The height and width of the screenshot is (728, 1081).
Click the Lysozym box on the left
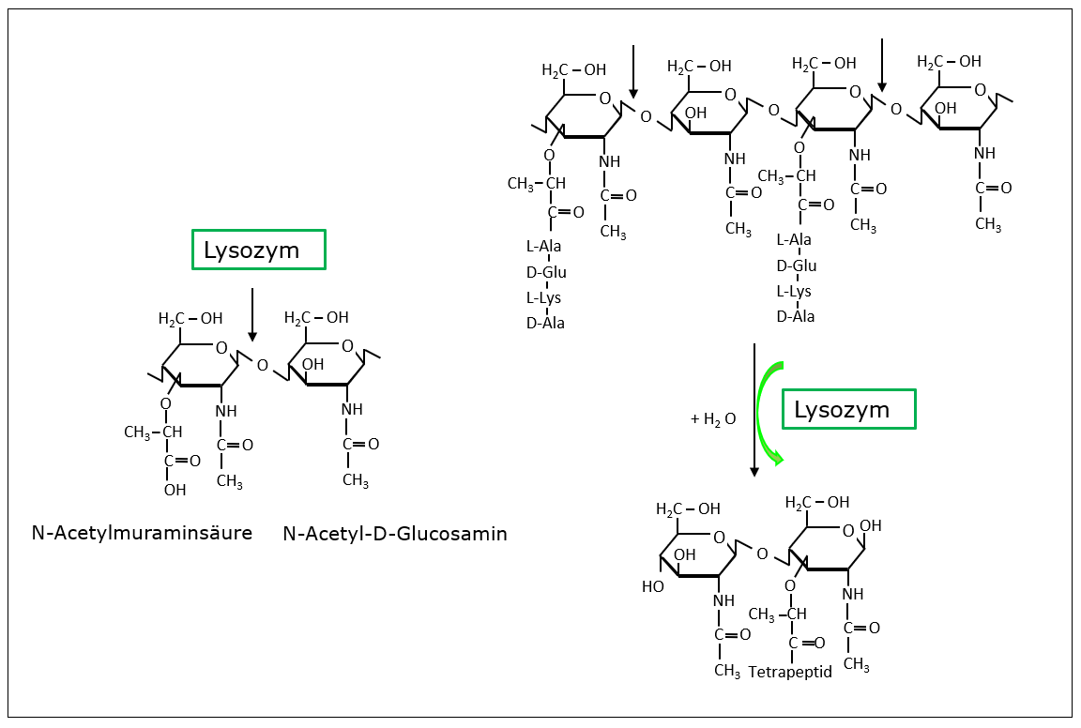pos(258,250)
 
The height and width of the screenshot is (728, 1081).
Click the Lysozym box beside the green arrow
pos(848,409)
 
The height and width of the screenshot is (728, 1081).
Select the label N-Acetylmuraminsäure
pos(142,533)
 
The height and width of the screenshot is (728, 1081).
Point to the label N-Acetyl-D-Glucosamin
pos(394,534)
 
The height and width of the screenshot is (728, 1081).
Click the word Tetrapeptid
pos(790,672)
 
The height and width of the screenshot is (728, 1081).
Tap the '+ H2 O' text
pos(713,419)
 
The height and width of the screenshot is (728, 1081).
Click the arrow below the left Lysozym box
pos(252,314)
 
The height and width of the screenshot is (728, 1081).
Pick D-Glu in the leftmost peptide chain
pos(545,273)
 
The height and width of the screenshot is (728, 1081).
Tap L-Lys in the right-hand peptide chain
pos(794,291)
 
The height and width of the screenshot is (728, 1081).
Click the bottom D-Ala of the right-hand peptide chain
pos(795,316)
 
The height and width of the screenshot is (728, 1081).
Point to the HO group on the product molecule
pos(652,586)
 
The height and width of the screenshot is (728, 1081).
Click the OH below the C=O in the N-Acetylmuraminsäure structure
pos(175,490)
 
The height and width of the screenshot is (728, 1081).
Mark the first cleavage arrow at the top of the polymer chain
pos(633,70)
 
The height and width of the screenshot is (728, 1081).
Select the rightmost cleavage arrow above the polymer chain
pos(880,66)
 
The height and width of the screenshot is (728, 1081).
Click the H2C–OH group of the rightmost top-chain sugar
pos(949,62)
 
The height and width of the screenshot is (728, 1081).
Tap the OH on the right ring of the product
pos(870,525)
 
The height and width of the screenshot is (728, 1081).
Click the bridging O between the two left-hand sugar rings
pos(262,365)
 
